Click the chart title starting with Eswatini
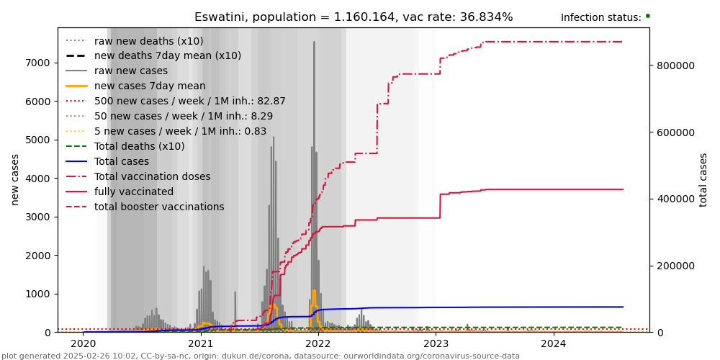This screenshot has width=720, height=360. coord(354,17)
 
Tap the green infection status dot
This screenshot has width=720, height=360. coord(647,16)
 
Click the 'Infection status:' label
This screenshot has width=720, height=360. coord(600,18)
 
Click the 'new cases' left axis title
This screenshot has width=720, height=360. coord(15,179)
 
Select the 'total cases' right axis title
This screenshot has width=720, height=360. coord(703,179)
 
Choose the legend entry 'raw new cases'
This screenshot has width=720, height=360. coord(130,71)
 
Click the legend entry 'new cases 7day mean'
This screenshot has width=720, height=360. coord(150,86)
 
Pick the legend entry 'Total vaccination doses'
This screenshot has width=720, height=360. coord(152,176)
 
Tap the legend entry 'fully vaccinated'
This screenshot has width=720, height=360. coord(134,192)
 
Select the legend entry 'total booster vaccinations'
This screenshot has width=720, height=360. coord(159,207)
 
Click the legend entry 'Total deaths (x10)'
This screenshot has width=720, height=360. coord(139,146)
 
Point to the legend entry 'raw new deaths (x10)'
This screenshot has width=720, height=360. coord(148,41)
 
